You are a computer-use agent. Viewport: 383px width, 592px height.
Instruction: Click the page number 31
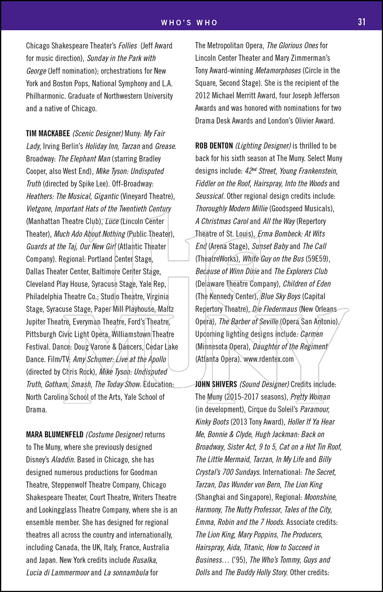pyautogui.click(x=361, y=22)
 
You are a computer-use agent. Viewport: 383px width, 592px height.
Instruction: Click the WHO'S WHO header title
pyautogui.click(x=189, y=22)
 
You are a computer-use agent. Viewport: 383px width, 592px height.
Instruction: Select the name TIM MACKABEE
pyautogui.click(x=48, y=133)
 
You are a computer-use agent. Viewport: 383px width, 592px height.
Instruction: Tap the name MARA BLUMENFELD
pyautogui.click(x=54, y=435)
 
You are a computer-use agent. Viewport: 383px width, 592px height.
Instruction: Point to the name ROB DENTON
pyautogui.click(x=214, y=146)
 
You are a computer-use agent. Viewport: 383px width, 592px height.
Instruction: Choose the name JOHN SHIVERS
pyautogui.click(x=216, y=384)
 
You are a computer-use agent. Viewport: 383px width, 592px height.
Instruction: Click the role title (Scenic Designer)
pyautogui.click(x=98, y=133)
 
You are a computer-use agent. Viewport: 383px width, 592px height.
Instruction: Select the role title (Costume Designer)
pyautogui.click(x=114, y=435)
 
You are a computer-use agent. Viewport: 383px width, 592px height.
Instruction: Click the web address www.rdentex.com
pyautogui.click(x=269, y=359)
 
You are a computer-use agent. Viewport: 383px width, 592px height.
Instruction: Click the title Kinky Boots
pyautogui.click(x=212, y=422)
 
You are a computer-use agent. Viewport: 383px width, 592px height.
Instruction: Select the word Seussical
pyautogui.click(x=210, y=196)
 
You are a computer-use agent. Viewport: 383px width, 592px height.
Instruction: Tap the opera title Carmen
pyautogui.click(x=312, y=334)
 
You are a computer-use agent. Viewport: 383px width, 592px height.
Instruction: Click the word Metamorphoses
pyautogui.click(x=278, y=71)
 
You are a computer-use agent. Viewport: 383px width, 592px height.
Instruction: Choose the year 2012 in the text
pyautogui.click(x=203, y=96)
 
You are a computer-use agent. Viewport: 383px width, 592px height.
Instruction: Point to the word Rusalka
pyautogui.click(x=144, y=560)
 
